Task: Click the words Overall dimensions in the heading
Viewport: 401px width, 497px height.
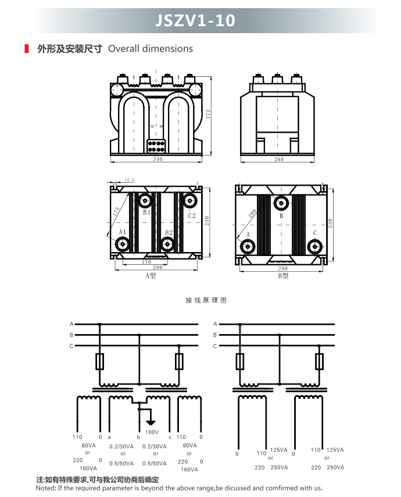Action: coord(151,49)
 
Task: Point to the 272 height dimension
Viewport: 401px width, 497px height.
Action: coord(208,114)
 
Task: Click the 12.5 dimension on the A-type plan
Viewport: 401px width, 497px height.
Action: coord(129,180)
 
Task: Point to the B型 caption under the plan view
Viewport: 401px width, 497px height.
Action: coord(283,276)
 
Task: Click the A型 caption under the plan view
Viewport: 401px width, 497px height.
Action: coord(151,276)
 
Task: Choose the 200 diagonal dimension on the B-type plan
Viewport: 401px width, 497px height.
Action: coord(252,214)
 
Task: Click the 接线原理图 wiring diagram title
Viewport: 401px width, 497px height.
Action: coord(206,300)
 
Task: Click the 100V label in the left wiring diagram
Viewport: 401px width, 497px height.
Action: coord(152,432)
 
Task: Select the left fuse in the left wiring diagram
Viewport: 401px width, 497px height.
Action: coord(100,361)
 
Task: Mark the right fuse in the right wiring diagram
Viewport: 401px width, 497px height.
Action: coord(319,361)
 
